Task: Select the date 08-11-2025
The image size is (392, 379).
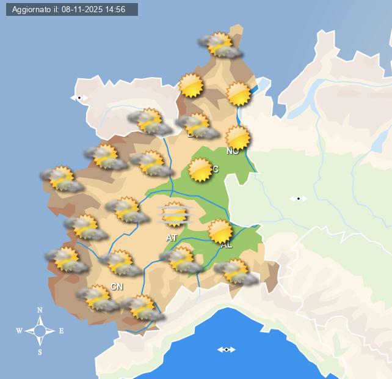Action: (x=82, y=10)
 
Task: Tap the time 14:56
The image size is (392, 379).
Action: (x=116, y=10)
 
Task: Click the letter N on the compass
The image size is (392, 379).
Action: (x=40, y=310)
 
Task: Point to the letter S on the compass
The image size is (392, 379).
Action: (x=40, y=352)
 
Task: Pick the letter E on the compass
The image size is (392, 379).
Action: (x=61, y=331)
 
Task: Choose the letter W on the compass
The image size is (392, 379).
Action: (x=19, y=331)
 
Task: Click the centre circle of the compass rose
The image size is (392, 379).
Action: (x=40, y=331)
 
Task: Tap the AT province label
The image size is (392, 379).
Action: (x=172, y=237)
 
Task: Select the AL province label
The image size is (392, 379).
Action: (x=227, y=245)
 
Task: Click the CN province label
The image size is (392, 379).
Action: (x=117, y=287)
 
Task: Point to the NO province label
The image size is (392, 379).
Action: (x=233, y=151)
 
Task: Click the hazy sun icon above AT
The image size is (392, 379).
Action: (x=175, y=215)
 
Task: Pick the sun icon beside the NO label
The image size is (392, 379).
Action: (x=238, y=138)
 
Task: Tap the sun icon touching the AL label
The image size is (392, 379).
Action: (x=220, y=231)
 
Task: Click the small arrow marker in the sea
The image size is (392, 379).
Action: (x=227, y=350)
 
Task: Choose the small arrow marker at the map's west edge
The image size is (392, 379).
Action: (x=79, y=98)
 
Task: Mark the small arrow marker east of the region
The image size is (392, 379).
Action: (x=298, y=198)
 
